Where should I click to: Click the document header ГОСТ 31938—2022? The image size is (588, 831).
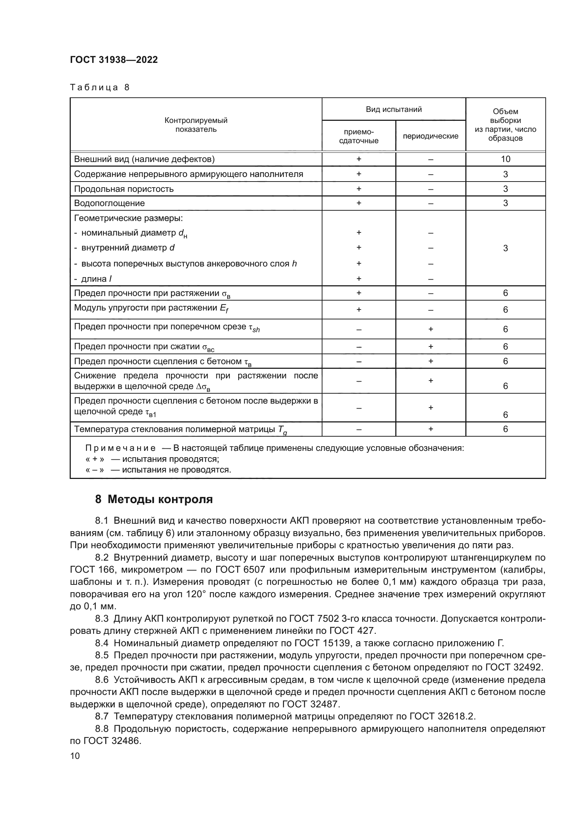point(114,60)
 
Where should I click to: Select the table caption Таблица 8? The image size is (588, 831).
point(100,87)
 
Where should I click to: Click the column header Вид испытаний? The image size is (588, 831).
point(394,109)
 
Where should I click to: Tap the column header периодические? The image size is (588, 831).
point(431,136)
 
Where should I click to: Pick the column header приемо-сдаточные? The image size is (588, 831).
point(358,136)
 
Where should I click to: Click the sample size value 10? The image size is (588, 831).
point(506,159)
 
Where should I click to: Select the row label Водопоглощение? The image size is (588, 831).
point(109,203)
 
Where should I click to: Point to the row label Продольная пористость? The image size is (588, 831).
point(124,189)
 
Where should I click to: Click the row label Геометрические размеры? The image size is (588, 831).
point(129,218)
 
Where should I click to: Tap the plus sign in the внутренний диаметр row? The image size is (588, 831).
point(359,248)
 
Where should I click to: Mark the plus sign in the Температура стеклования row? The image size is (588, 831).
point(431,429)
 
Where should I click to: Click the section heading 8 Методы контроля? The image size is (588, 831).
point(154,500)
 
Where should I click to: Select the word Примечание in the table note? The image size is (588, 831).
point(121,448)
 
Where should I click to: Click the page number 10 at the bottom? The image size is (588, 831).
point(75,756)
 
